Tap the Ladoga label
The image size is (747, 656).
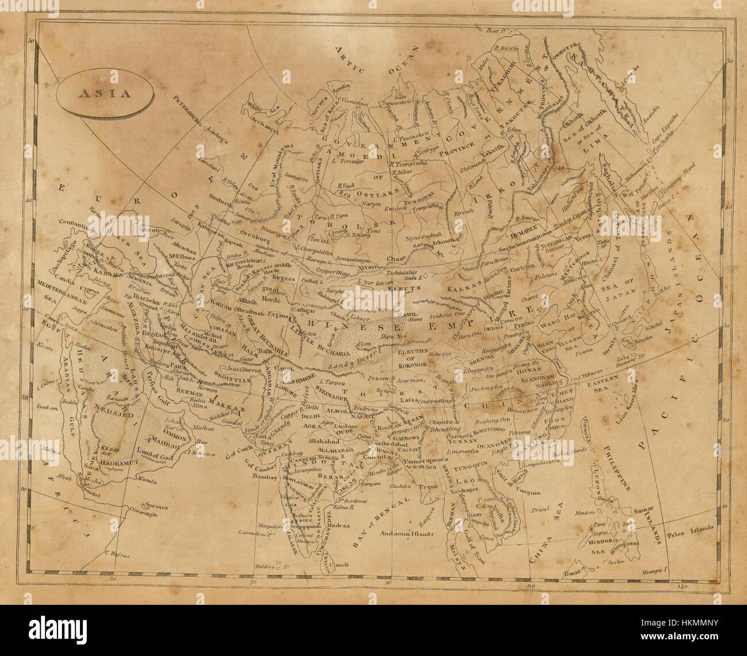[x=214, y=129]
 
